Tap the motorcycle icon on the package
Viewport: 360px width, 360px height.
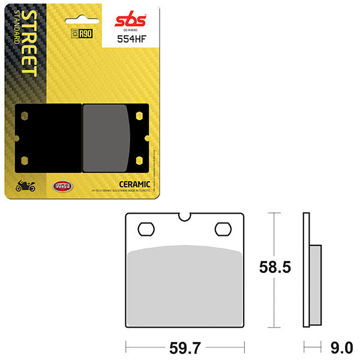pyautogui.click(x=25, y=186)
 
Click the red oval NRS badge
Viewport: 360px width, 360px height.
pyautogui.click(x=62, y=186)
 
